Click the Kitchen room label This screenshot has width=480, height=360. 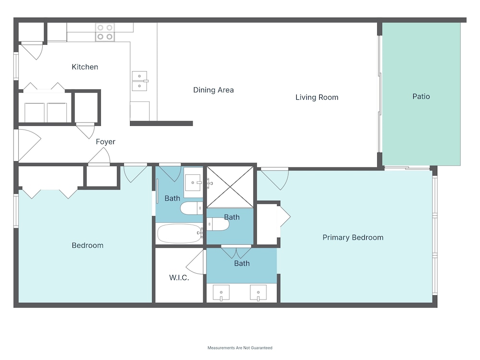(85, 67)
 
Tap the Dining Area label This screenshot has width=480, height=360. (214, 90)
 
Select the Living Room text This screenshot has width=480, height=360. (317, 97)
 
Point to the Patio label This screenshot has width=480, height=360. (421, 96)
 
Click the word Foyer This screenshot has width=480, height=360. (106, 142)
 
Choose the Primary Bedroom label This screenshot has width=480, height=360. (353, 238)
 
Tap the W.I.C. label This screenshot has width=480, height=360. (179, 277)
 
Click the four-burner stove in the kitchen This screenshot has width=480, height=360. (105, 32)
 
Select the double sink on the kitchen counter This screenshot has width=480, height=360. (140, 81)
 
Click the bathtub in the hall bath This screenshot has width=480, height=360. (180, 234)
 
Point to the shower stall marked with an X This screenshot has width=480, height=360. (230, 187)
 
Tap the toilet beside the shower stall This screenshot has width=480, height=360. (217, 224)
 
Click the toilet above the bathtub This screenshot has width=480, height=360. (192, 208)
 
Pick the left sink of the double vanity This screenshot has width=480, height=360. (221, 293)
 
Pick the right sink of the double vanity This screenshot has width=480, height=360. (258, 293)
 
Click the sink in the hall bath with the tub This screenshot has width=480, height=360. (193, 183)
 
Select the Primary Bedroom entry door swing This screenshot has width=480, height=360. (275, 179)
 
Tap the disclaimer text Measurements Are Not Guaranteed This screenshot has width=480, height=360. (240, 348)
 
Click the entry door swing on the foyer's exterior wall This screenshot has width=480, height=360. (29, 145)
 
